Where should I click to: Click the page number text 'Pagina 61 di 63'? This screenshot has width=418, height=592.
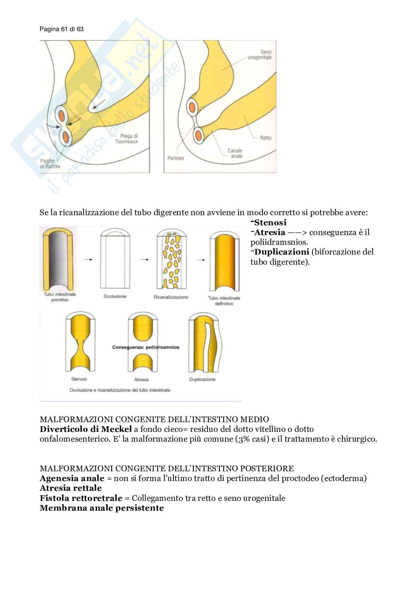pyautogui.click(x=61, y=29)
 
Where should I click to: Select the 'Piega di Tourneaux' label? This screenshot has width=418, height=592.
pyautogui.click(x=129, y=139)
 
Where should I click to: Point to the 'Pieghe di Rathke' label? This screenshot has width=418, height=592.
pyautogui.click(x=50, y=163)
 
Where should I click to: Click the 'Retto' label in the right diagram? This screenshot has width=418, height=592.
pyautogui.click(x=266, y=138)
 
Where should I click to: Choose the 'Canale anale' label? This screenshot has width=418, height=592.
pyautogui.click(x=235, y=153)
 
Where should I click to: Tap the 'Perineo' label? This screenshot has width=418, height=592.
pyautogui.click(x=176, y=158)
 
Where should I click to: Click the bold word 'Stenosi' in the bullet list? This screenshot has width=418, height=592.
pyautogui.click(x=270, y=223)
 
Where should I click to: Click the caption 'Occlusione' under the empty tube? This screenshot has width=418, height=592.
pyautogui.click(x=115, y=297)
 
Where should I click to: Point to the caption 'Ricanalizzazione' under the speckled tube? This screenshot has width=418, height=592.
pyautogui.click(x=171, y=297)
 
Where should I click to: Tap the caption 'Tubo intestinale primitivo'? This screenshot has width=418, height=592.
pyautogui.click(x=60, y=297)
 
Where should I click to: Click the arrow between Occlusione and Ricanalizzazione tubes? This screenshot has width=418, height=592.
pyautogui.click(x=144, y=259)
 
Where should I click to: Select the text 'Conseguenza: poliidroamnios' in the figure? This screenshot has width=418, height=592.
pyautogui.click(x=146, y=347)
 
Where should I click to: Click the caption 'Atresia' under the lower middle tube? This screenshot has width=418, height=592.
pyautogui.click(x=142, y=379)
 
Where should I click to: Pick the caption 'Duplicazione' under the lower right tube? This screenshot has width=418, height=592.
pyautogui.click(x=202, y=379)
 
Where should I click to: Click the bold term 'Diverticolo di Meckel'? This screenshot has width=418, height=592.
pyautogui.click(x=85, y=429)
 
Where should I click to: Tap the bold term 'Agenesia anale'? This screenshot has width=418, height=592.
pyautogui.click(x=72, y=478)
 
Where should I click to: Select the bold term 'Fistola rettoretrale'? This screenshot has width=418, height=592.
pyautogui.click(x=81, y=498)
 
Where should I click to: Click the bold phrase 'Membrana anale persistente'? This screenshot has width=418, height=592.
pyautogui.click(x=102, y=508)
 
